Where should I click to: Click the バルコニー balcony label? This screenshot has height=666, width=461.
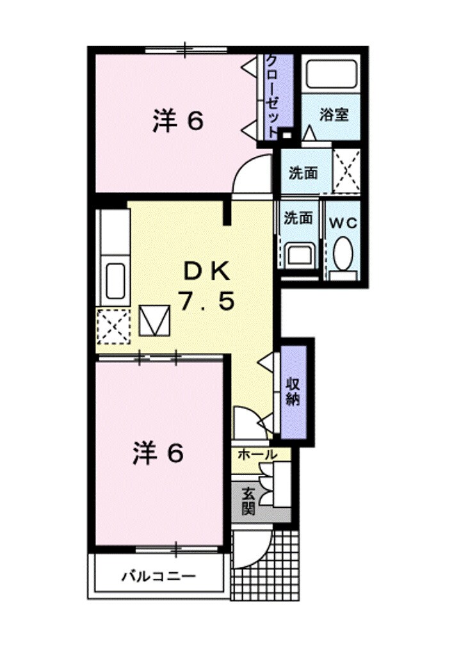point(159,575)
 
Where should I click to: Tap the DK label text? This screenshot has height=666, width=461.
point(207,272)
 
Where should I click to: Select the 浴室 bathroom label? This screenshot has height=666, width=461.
point(334,115)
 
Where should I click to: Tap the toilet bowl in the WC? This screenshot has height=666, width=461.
point(343,254)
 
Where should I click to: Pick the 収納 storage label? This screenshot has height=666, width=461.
point(293,391)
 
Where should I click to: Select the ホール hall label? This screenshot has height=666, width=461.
point(257,455)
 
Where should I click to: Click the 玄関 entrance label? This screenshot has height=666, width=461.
point(248,501)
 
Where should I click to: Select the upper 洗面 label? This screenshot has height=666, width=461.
point(303,172)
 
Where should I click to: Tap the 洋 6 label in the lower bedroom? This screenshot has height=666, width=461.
point(158,453)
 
